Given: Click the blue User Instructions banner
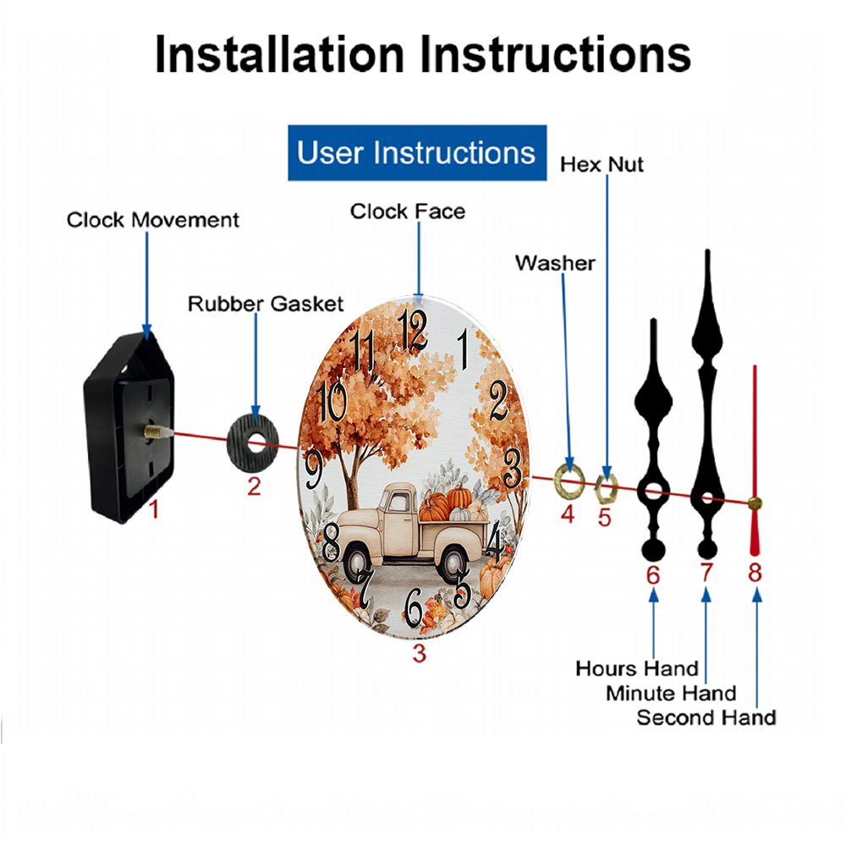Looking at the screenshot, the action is tap(417, 152).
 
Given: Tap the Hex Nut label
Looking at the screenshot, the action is tap(602, 165).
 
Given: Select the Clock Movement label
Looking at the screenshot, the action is tap(152, 220).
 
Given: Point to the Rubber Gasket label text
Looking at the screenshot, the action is tap(266, 304).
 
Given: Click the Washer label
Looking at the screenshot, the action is tap(555, 263).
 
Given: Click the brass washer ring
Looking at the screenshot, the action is tap(569, 481).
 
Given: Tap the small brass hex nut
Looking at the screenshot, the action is tap(606, 488).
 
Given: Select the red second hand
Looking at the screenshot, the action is tap(755, 460).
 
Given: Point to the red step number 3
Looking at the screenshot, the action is tap(420, 653).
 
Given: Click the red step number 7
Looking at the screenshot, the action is tap(706, 573).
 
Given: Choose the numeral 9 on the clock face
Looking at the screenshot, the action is tap(314, 469).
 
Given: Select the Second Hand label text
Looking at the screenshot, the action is tap(706, 717).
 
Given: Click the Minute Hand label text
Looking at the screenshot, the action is tap(671, 694).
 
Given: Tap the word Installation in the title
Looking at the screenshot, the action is tap(279, 54).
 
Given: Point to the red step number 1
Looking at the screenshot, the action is tap(154, 509).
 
